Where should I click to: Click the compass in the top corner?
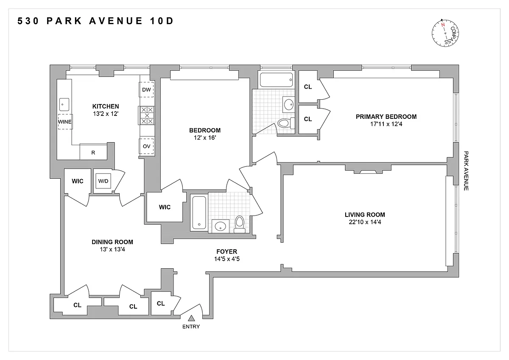445,33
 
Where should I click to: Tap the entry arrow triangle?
191,318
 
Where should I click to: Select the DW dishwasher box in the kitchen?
146,90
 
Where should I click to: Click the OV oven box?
146,146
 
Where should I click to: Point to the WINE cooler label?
65,122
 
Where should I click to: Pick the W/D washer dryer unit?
103,181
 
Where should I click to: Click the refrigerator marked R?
93,152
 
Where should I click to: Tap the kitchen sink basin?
64,104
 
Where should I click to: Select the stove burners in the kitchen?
147,115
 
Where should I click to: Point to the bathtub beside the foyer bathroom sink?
199,213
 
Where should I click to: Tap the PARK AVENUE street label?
466,171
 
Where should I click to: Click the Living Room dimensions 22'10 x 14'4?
365,222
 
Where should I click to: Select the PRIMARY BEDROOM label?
386,117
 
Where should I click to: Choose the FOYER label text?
227,251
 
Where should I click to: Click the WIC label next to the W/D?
78,181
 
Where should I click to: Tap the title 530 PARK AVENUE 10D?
95,21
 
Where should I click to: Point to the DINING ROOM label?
112,242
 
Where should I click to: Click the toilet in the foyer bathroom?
240,224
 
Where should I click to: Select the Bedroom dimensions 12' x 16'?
205,138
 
